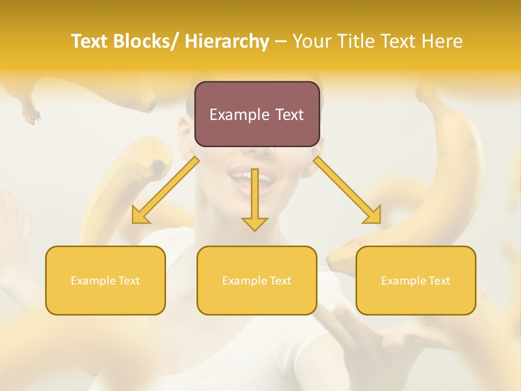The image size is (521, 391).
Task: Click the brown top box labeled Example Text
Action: tap(257, 114)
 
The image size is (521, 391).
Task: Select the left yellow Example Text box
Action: tap(105, 280)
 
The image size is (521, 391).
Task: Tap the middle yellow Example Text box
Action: tap(257, 280)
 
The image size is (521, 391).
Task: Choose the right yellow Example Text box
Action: tap(416, 280)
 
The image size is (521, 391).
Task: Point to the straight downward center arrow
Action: tap(255, 201)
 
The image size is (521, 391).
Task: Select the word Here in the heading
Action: tap(442, 41)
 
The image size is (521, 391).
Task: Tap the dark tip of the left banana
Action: tap(158, 166)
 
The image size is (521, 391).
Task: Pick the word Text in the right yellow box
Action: tap(439, 281)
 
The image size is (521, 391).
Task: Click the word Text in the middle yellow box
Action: tap(280, 281)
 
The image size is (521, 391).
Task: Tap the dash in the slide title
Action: tap(280, 41)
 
